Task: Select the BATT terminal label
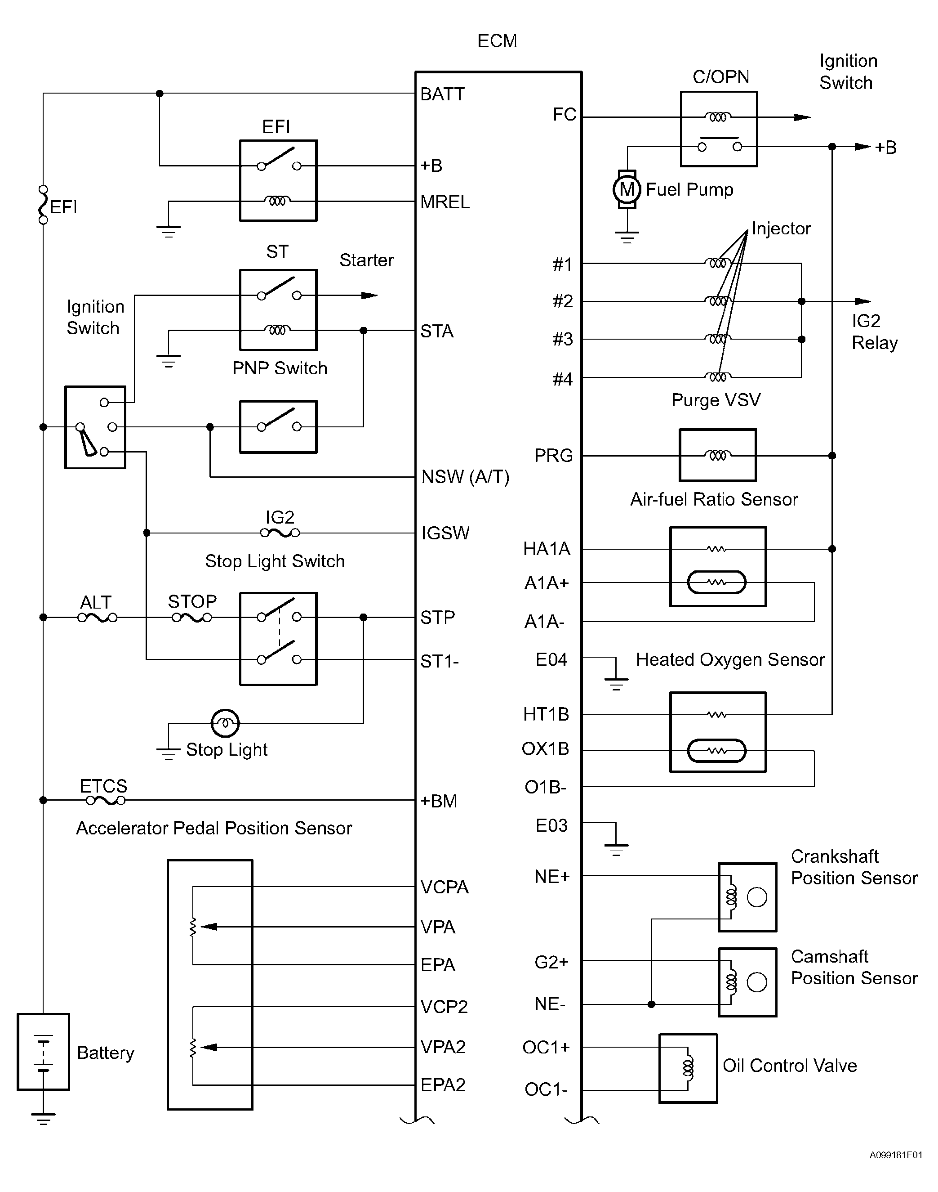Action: [442, 94]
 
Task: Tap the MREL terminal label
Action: [445, 202]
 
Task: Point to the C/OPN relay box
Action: [719, 129]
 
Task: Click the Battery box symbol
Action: [44, 1052]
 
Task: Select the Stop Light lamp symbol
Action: [225, 723]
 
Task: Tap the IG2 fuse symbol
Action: [280, 533]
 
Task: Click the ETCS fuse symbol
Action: [106, 801]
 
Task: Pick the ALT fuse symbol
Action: [97, 618]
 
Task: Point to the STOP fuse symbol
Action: [191, 618]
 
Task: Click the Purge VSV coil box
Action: [717, 456]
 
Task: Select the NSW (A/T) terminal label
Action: [465, 477]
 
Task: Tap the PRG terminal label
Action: [554, 456]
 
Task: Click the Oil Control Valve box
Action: [688, 1068]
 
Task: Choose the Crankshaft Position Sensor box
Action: [747, 897]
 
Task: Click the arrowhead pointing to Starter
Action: [369, 296]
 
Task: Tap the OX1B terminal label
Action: [545, 749]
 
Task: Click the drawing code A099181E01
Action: [896, 1155]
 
